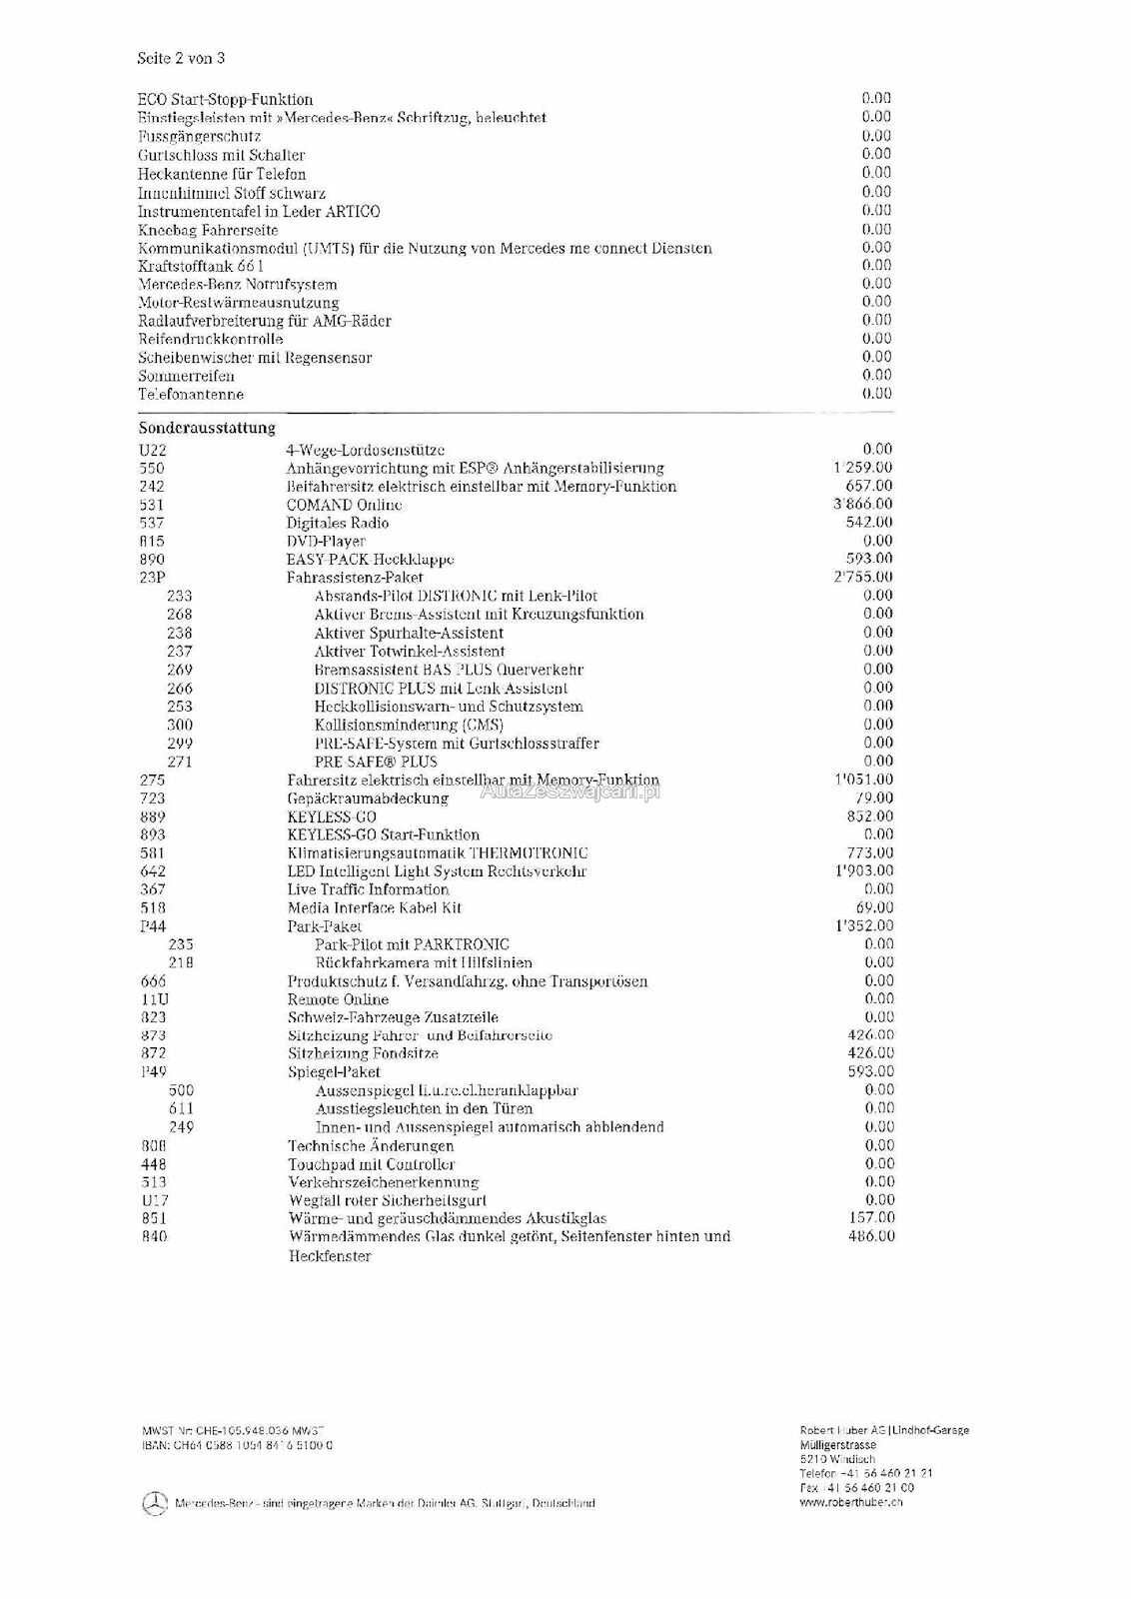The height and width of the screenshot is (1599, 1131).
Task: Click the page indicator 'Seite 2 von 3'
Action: pos(181,58)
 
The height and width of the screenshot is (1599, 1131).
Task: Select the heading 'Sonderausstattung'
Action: pos(207,428)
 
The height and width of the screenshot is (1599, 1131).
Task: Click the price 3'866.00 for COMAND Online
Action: pos(863,505)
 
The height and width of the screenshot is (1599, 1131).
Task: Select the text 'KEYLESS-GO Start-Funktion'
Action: pos(384,834)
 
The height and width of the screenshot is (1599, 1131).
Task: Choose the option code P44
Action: pos(153,926)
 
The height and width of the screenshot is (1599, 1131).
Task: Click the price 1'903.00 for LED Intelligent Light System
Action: pos(863,870)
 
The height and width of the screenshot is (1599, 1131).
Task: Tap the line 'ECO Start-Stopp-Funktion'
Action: pos(225,100)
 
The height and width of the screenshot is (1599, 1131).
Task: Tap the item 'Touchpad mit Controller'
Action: pos(372,1164)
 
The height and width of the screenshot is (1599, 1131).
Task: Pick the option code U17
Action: pos(153,1200)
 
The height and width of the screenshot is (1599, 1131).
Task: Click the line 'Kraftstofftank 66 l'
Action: pos(201,267)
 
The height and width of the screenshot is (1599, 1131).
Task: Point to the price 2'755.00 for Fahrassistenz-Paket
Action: pos(863,578)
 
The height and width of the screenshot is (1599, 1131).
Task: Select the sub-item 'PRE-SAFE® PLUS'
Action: pos(376,762)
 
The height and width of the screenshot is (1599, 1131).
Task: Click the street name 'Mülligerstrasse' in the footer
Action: pos(838,1445)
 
